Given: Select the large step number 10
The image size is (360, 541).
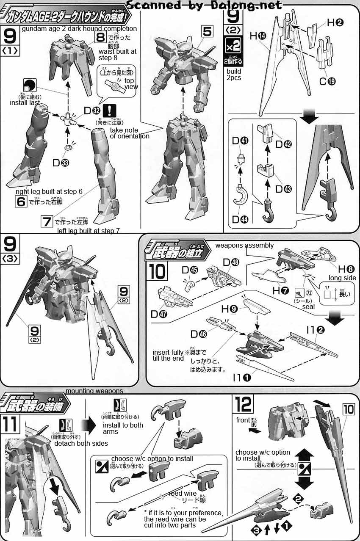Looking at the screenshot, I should pyautogui.click(x=157, y=271).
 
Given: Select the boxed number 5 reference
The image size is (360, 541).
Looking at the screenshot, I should pyautogui.click(x=206, y=31).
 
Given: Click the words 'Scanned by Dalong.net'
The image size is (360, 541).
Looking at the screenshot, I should pyautogui.click(x=204, y=5).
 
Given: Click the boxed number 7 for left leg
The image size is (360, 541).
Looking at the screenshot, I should pyautogui.click(x=46, y=221).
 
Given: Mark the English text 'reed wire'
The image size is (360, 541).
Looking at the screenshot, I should pyautogui.click(x=182, y=494).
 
